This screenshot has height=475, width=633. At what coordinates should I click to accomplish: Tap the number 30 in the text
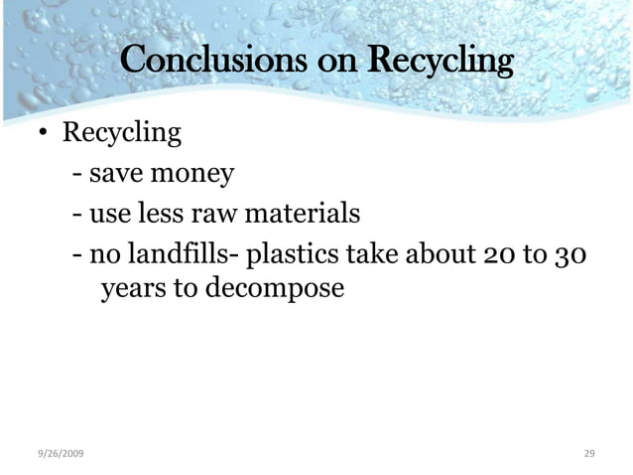[573, 254]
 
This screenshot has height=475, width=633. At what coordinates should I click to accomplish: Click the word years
[132, 290]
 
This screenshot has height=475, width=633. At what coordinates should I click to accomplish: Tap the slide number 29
[588, 453]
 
